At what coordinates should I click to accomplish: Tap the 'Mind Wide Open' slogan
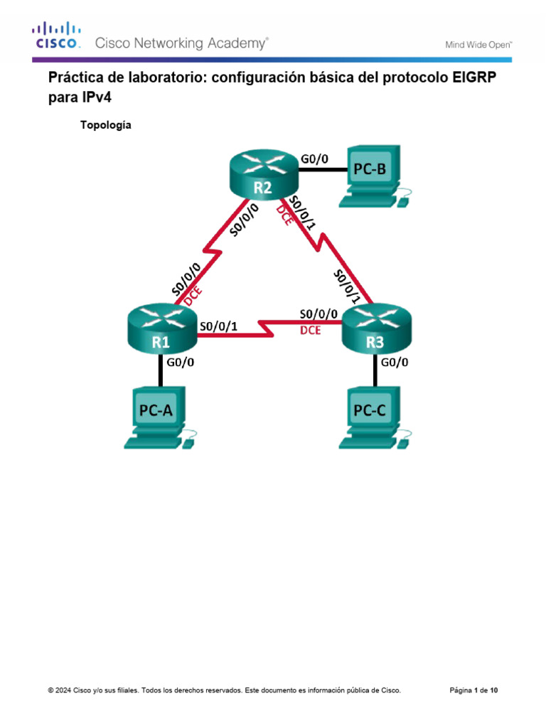478,44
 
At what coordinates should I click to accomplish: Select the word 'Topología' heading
106,125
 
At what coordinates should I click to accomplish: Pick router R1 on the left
161,333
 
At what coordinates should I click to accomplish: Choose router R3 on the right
375,333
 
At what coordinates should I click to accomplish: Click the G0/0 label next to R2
315,159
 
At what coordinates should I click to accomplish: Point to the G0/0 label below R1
181,363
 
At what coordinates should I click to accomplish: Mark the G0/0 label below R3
395,363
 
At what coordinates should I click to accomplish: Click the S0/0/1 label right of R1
219,326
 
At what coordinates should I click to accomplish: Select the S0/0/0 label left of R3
318,313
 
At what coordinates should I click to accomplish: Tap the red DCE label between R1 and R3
310,330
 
